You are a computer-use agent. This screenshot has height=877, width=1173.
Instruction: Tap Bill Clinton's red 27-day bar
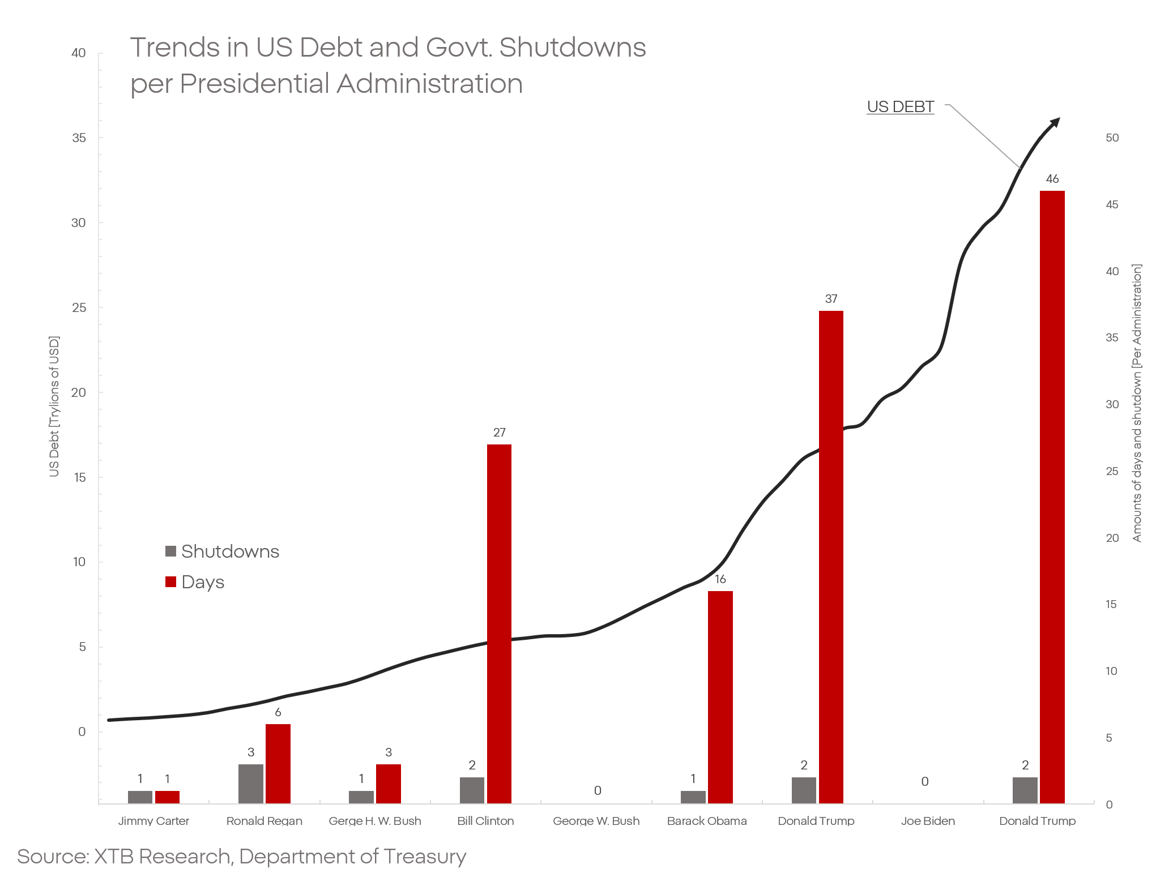click(x=499, y=623)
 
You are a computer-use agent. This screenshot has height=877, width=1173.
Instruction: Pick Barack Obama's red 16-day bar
click(x=720, y=696)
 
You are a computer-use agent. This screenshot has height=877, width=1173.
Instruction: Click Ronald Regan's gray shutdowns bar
click(x=250, y=784)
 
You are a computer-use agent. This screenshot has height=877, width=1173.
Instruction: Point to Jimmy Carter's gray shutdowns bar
click(x=140, y=797)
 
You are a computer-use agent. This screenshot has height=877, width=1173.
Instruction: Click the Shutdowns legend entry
click(x=223, y=551)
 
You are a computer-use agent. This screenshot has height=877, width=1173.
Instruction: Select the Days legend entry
click(x=195, y=582)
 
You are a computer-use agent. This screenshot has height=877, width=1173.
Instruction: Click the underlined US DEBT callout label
click(x=900, y=107)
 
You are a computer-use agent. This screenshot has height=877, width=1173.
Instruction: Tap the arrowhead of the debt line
click(x=1055, y=122)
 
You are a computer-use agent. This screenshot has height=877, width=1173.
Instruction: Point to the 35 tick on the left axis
click(x=79, y=138)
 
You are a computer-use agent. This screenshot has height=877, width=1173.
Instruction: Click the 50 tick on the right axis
click(x=1112, y=138)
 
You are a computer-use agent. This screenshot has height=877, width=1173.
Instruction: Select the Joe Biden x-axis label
click(x=928, y=821)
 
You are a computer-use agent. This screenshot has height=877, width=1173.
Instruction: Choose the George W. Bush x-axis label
click(x=596, y=821)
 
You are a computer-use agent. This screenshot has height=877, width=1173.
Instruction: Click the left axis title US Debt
click(x=54, y=407)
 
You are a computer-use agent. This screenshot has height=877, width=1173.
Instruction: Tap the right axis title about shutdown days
click(x=1137, y=403)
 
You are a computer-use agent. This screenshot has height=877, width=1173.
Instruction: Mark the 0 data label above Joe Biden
click(x=925, y=782)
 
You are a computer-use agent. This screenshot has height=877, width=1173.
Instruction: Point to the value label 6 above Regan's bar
click(x=278, y=712)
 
